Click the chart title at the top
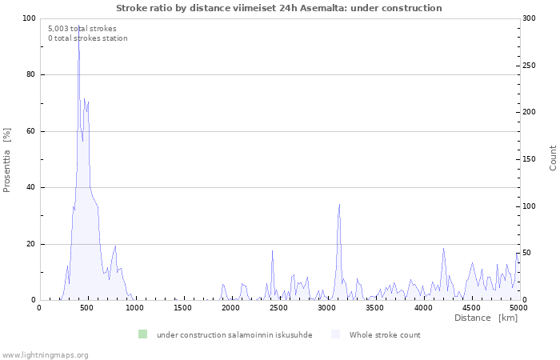click(x=278, y=8)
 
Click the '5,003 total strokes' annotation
click(x=82, y=29)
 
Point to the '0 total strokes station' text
click(x=87, y=38)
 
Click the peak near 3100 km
click(x=339, y=205)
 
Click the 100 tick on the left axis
click(x=29, y=18)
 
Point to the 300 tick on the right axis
click(x=530, y=18)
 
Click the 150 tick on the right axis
click(x=530, y=159)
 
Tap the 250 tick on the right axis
click(x=530, y=66)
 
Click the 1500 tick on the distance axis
click(x=183, y=307)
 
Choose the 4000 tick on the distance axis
click(x=422, y=307)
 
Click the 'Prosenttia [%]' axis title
click(x=7, y=160)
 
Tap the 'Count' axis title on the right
click(x=553, y=158)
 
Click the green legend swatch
click(x=142, y=334)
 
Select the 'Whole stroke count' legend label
click(x=384, y=335)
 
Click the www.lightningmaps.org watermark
click(x=45, y=354)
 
